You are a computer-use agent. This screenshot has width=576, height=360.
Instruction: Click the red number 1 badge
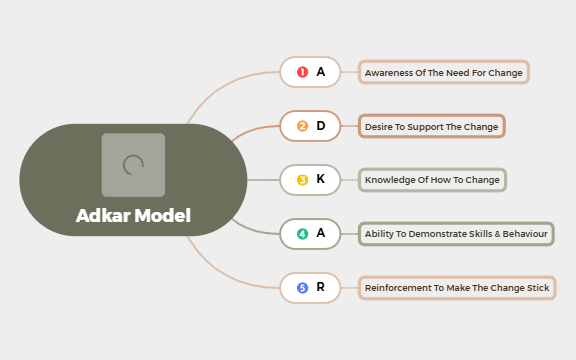pyautogui.click(x=303, y=72)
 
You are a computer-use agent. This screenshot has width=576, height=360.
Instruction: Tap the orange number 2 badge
pyautogui.click(x=303, y=126)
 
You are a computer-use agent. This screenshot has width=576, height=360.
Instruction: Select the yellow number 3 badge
pyautogui.click(x=303, y=180)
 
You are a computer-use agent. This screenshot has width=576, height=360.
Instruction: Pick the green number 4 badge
pyautogui.click(x=303, y=234)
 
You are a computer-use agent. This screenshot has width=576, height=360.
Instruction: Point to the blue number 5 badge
pyautogui.click(x=303, y=288)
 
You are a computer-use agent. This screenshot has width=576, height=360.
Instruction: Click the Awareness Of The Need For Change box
pyautogui.click(x=444, y=73)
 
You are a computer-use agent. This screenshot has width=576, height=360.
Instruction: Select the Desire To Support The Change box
pyautogui.click(x=432, y=127)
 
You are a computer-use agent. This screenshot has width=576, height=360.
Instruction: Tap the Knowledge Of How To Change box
pyautogui.click(x=432, y=180)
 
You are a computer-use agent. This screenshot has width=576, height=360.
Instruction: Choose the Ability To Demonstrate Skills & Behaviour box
pyautogui.click(x=456, y=234)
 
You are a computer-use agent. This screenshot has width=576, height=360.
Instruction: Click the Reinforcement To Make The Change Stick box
pyautogui.click(x=457, y=288)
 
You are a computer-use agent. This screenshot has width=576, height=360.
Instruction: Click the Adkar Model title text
pyautogui.click(x=133, y=215)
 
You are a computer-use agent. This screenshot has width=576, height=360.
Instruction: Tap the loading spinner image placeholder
pyautogui.click(x=133, y=165)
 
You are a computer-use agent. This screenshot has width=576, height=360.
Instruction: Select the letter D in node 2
pyautogui.click(x=321, y=126)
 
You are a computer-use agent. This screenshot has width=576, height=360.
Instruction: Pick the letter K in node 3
pyautogui.click(x=321, y=180)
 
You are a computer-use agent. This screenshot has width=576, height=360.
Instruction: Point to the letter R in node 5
pyautogui.click(x=321, y=288)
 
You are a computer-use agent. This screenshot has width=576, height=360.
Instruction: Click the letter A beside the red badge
pyautogui.click(x=321, y=72)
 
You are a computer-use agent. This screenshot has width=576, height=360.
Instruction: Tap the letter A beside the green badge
pyautogui.click(x=321, y=234)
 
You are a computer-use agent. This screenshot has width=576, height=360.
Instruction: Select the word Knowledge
pyautogui.click(x=386, y=180)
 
